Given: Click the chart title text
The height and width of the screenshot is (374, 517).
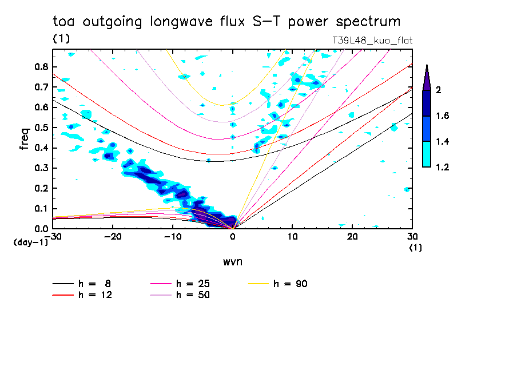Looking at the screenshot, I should coord(226,22).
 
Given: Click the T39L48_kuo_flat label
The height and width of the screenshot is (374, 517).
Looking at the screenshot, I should coord(372,41).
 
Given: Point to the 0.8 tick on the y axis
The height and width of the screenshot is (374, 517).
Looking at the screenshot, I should coord(41,66).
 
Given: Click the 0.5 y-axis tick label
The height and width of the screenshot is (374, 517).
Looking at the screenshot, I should coord(41,128).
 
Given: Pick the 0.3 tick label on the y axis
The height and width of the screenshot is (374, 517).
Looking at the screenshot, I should coord(41,168).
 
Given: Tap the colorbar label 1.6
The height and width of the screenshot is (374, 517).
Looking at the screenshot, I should coord(442,116).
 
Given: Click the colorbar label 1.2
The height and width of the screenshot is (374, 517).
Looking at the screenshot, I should coord(442,168).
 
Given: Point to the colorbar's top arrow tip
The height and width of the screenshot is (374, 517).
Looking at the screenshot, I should coord(427,66).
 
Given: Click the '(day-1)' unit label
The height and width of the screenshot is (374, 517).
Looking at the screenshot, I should coord(30,242).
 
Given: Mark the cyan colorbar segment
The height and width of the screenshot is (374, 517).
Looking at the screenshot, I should coord(427,154).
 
